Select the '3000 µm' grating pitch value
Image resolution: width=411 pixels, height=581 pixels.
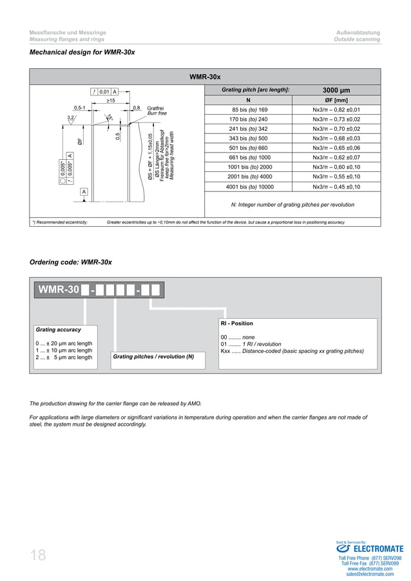[x=336, y=90]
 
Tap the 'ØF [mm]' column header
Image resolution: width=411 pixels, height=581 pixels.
[x=336, y=100]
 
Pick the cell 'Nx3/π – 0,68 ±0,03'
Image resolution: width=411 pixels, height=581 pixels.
[x=336, y=138]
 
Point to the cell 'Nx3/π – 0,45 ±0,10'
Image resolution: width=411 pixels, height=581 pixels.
[x=336, y=187]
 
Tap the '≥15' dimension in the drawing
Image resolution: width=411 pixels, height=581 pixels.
[x=110, y=101]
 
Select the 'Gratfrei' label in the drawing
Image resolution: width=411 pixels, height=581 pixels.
[x=157, y=108]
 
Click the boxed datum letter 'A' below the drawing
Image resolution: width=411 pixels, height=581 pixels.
[x=84, y=192]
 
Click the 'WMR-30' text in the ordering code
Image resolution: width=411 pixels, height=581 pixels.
[x=59, y=290]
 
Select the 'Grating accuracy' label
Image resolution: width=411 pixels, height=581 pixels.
[x=59, y=330]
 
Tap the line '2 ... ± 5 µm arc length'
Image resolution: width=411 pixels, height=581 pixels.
[x=64, y=357]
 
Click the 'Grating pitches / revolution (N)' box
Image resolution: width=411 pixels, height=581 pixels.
[x=154, y=356]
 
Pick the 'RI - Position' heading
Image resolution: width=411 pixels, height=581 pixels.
[x=236, y=323]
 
